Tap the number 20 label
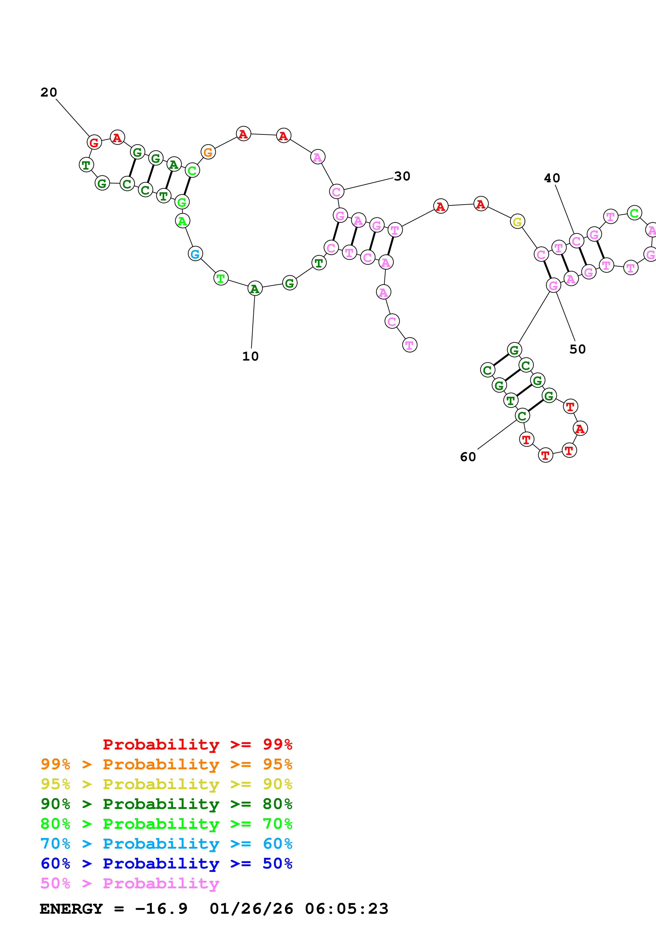48,93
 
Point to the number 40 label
552,178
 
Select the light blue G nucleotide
195,254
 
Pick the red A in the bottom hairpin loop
580,429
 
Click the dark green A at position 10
255,289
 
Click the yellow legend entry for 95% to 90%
166,784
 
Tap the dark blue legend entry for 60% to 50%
166,863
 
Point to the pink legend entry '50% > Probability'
130,883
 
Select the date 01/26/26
251,909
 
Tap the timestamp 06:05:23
346,909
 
